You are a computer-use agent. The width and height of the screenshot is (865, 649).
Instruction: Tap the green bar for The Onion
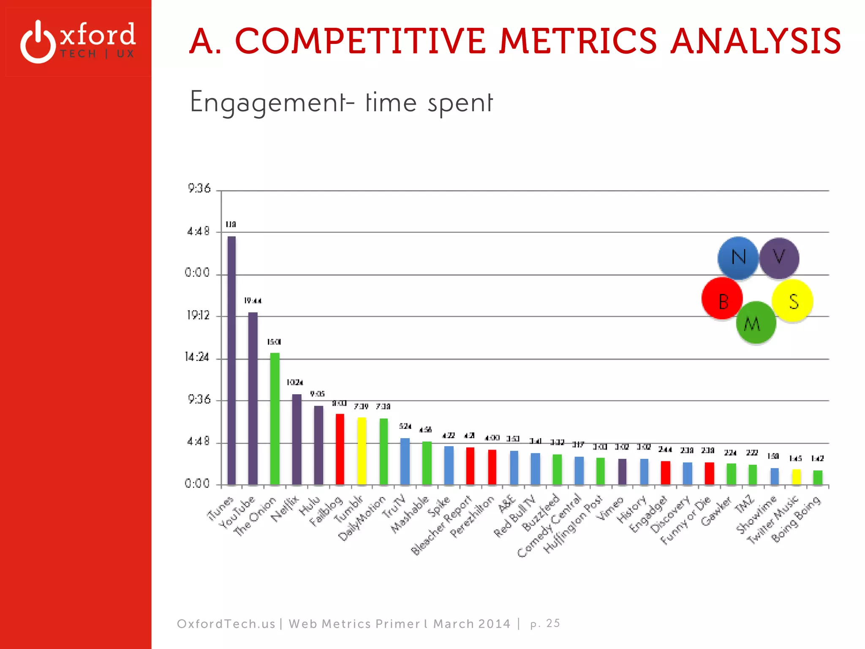tap(275, 418)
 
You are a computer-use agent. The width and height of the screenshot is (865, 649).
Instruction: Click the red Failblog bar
tap(340, 449)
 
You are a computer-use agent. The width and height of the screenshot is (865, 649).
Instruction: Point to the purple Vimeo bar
tap(622, 472)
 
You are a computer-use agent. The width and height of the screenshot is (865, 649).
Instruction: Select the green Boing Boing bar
tap(818, 477)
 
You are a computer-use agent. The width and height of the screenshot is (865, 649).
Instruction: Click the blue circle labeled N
tap(738, 257)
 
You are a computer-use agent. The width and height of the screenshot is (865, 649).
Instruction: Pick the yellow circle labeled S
tap(793, 300)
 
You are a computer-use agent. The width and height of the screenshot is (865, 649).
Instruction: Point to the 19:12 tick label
tap(198, 315)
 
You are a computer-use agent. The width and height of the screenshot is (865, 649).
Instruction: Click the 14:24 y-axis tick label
tap(197, 357)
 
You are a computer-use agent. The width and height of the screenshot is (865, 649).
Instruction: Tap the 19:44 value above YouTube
tap(253, 301)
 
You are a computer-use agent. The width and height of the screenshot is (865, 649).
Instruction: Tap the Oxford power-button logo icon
tap(38, 42)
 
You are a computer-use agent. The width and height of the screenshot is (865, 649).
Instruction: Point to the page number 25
tap(553, 623)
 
